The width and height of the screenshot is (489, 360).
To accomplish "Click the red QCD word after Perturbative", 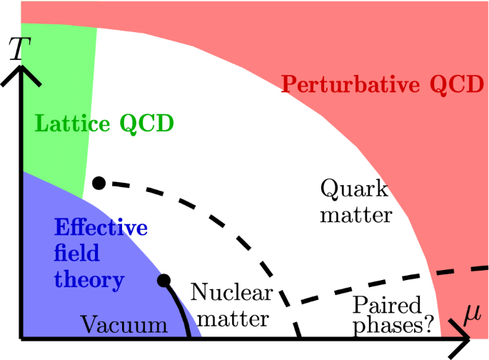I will [x=452, y=85].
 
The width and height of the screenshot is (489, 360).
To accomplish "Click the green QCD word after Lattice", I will [x=146, y=123].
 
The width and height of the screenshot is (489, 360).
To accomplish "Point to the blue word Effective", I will [x=101, y=229].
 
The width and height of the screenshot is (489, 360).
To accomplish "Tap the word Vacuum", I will [x=123, y=326].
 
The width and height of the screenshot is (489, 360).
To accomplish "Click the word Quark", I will [x=354, y=190].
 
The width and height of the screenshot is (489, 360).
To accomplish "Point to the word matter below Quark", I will [x=356, y=214].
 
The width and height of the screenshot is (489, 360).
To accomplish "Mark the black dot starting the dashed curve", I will [x=99, y=184].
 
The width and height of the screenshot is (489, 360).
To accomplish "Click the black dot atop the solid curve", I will [x=163, y=279].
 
